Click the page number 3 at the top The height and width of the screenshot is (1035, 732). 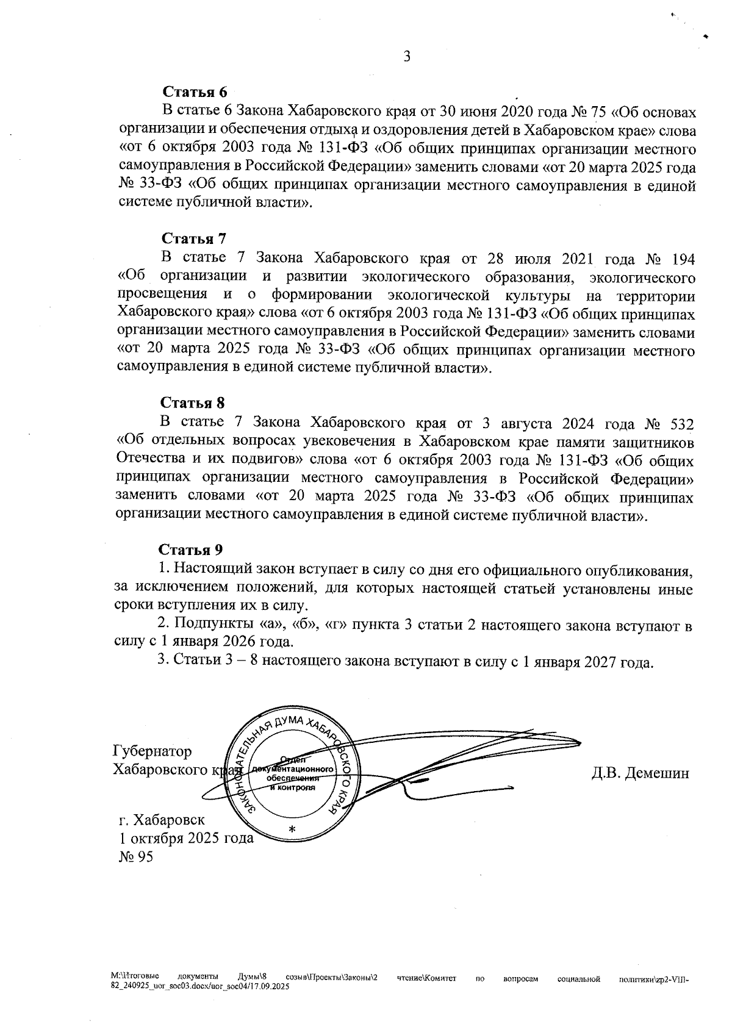coord(407,57)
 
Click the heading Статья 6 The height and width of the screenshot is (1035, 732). coord(194,92)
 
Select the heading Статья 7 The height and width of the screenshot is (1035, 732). coord(193,238)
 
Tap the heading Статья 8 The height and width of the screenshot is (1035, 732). coord(193,403)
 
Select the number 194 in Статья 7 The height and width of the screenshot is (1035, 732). coord(683,259)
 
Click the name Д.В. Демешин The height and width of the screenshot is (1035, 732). coord(640,773)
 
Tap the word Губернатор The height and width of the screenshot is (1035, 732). coord(152,751)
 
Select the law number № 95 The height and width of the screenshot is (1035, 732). coord(136,857)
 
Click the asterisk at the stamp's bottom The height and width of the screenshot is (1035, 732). coord(291,829)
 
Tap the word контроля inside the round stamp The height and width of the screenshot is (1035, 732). coord(298,787)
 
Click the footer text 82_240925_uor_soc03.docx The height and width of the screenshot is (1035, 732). coord(159,986)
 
